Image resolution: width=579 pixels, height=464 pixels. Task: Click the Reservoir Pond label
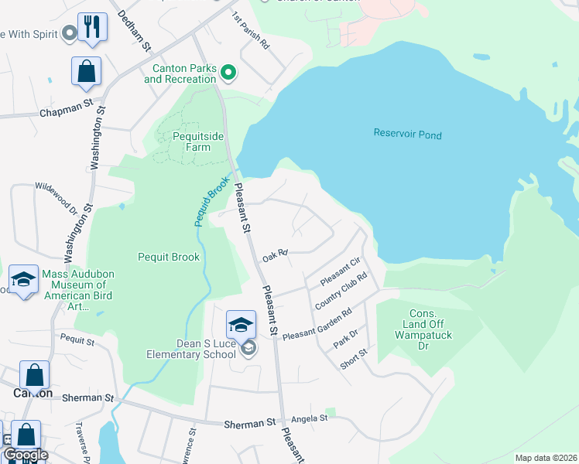(x=407, y=135)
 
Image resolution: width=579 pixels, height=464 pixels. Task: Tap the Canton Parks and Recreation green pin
(x=228, y=73)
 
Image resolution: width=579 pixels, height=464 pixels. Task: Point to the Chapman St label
(x=66, y=113)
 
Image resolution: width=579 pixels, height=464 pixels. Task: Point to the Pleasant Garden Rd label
(x=317, y=324)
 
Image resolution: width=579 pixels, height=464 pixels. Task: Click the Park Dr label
(x=345, y=338)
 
